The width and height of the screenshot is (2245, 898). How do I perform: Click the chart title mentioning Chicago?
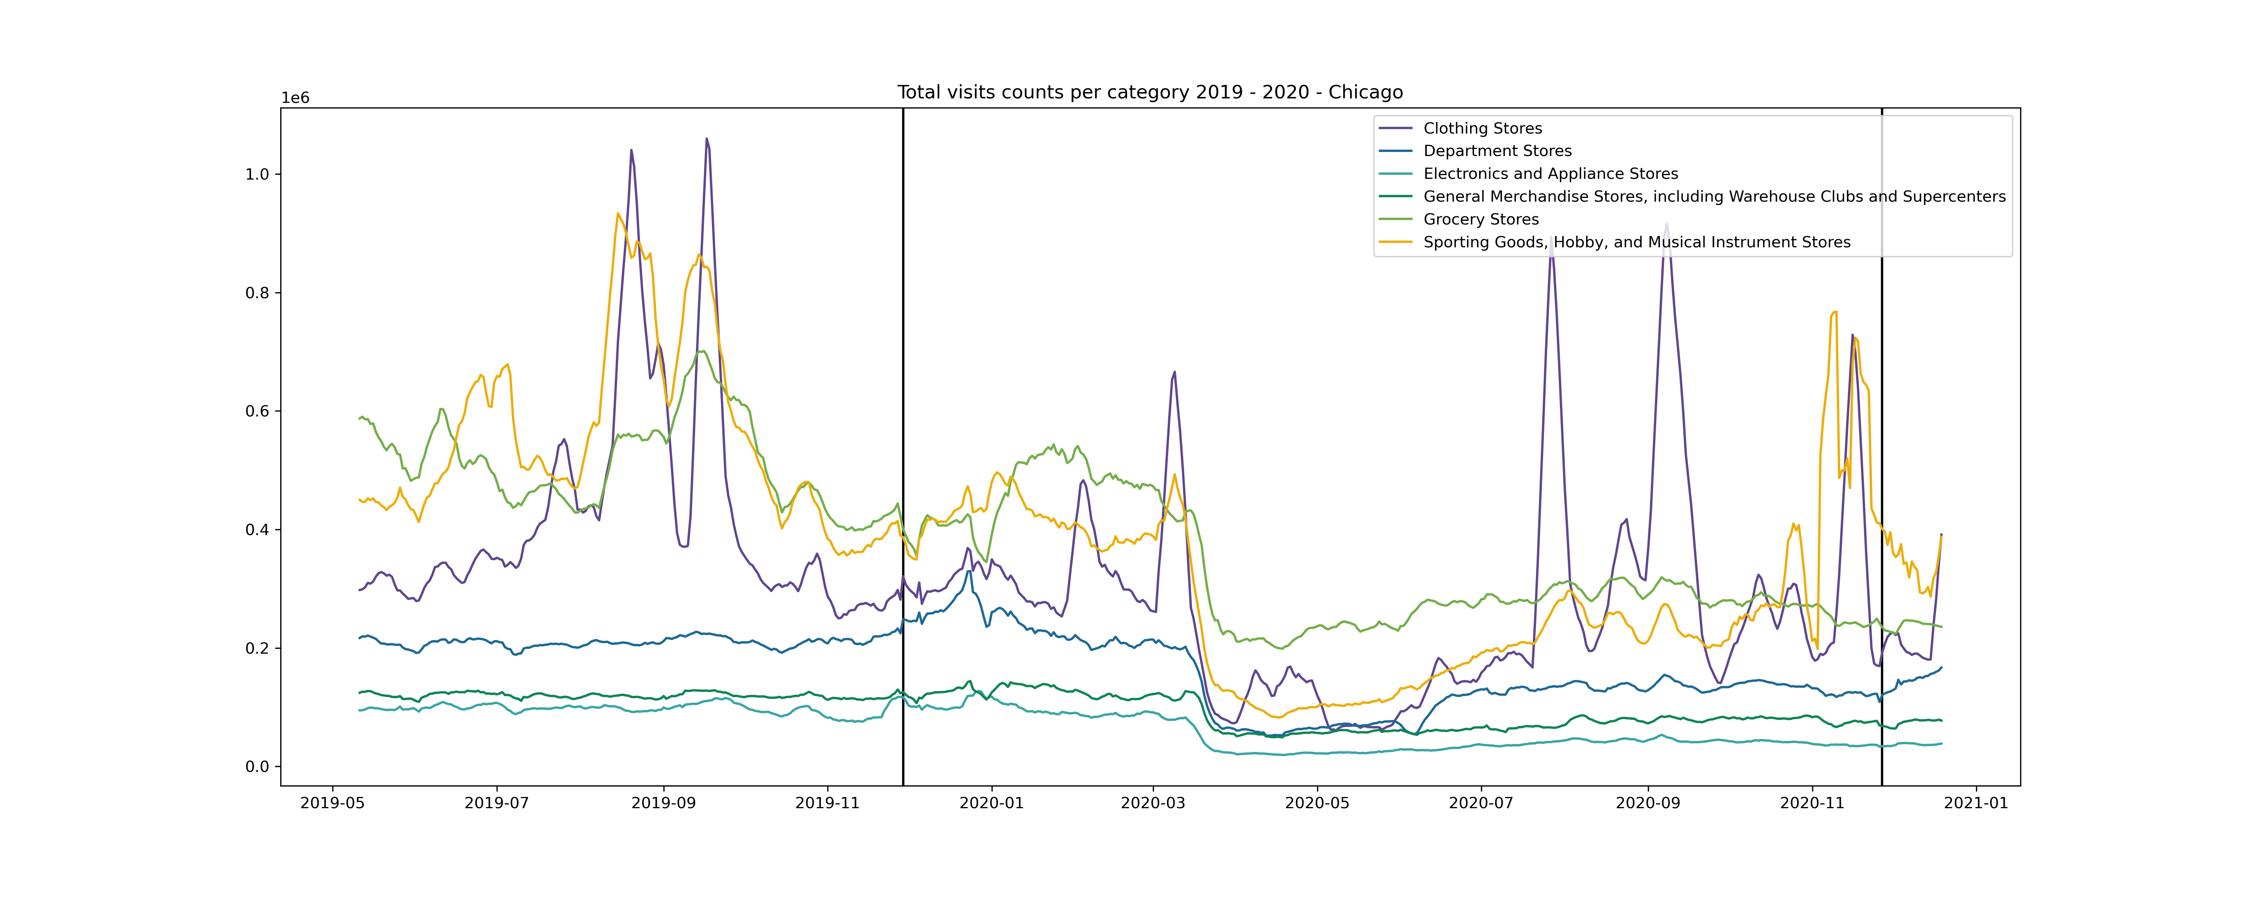[1149, 92]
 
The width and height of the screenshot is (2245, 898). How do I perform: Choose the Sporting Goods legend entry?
[1636, 242]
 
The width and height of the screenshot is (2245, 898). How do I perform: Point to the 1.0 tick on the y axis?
[257, 174]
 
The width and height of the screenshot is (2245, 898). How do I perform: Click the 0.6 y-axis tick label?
[257, 412]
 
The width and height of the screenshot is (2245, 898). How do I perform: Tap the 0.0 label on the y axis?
[257, 767]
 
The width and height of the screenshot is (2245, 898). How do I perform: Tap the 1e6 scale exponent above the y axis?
[294, 98]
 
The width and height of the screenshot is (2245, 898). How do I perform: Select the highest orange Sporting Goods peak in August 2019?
[617, 214]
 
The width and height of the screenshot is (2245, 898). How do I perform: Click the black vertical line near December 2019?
[903, 436]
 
